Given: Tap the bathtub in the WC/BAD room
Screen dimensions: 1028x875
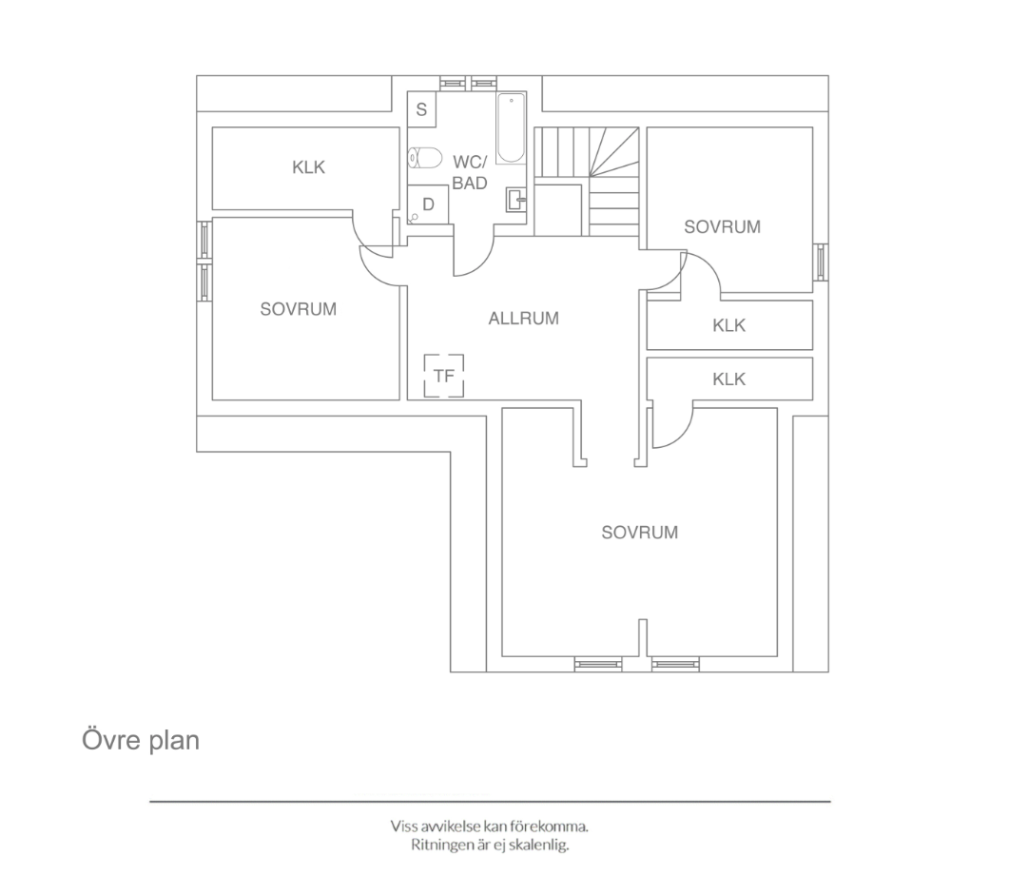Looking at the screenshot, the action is (511, 128).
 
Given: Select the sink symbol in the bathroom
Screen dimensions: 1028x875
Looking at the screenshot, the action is (516, 200).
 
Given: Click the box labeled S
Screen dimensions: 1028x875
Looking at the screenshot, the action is (421, 109).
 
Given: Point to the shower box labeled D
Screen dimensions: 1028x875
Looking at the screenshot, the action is (428, 204).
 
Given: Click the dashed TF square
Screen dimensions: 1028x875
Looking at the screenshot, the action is (444, 376).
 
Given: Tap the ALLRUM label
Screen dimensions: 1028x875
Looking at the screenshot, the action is (524, 319).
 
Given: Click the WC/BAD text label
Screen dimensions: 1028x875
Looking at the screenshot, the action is (470, 172).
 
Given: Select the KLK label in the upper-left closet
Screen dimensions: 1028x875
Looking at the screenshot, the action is (309, 167).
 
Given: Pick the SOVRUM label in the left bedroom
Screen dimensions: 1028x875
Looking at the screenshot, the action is (299, 309).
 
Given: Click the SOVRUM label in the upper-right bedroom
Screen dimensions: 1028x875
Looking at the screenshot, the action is (723, 227).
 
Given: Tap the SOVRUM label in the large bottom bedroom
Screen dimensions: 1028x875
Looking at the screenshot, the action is (640, 532).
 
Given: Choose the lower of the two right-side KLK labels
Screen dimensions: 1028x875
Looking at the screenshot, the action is (729, 379).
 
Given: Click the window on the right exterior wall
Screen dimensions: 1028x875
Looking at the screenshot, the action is (820, 262).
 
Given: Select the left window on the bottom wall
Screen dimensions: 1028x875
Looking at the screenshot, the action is (598, 665).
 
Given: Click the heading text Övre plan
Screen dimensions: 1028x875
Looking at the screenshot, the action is (141, 741).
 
